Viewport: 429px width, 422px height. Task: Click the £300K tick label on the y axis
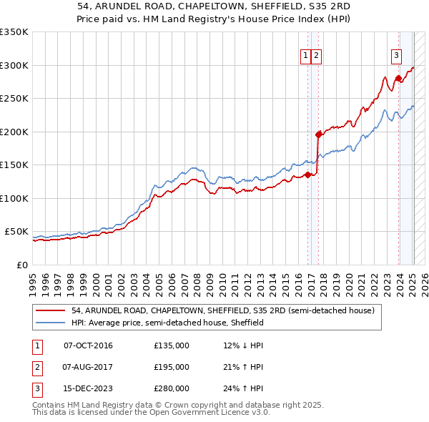(x=14, y=65)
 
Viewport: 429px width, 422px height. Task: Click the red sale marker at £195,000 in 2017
(x=318, y=134)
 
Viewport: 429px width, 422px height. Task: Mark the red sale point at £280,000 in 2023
(x=398, y=78)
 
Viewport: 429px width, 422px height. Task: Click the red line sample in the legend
(x=51, y=310)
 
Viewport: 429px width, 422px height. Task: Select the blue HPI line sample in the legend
(x=51, y=323)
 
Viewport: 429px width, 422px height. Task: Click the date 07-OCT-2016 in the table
(x=88, y=346)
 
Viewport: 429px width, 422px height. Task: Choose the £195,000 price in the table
(x=172, y=367)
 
